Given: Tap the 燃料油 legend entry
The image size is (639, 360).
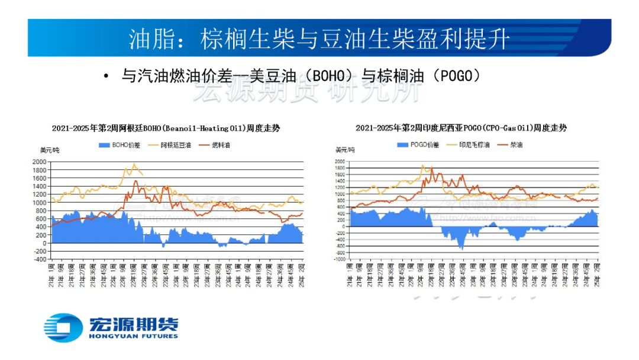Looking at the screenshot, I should click(221, 144).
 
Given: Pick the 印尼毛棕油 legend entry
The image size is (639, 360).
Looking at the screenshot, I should click(474, 144).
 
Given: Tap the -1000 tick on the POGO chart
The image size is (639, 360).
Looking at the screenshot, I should click(340, 259).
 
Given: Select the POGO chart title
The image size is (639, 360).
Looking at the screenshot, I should click(461, 128).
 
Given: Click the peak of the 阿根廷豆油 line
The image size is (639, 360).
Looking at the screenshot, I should click(134, 164).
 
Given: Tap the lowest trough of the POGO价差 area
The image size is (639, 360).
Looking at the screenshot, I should click(461, 249).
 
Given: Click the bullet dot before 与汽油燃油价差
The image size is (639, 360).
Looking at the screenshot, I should click(105, 76).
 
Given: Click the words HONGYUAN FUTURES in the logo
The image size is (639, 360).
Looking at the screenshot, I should click(133, 336).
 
